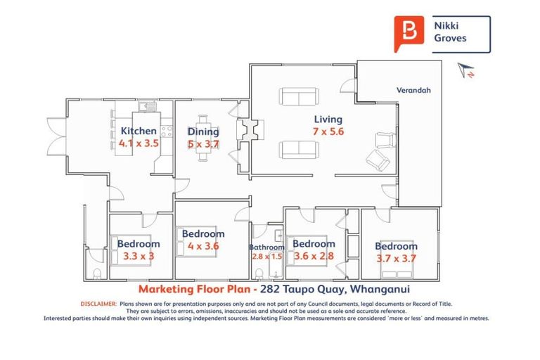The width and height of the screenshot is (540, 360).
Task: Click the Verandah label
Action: [413, 90]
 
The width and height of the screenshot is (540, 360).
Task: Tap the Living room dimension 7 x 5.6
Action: [328, 131]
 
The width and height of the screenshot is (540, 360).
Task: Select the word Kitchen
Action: [139, 131]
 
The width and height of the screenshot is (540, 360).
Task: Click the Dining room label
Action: [203, 131]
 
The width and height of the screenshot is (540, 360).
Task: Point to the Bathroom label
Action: [266, 247]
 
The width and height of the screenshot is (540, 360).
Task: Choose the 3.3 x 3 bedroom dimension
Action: [138, 256]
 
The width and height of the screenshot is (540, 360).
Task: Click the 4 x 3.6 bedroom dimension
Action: [202, 246]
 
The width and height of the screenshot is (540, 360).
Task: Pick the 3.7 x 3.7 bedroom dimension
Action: [396, 259]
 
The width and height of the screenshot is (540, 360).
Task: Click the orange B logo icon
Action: [409, 33]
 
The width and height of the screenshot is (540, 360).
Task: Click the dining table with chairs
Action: [203, 138]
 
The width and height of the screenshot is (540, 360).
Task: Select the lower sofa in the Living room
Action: [298, 148]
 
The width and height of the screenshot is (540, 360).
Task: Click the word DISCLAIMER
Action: [98, 304]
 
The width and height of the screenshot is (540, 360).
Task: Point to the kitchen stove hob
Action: [166, 131]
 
